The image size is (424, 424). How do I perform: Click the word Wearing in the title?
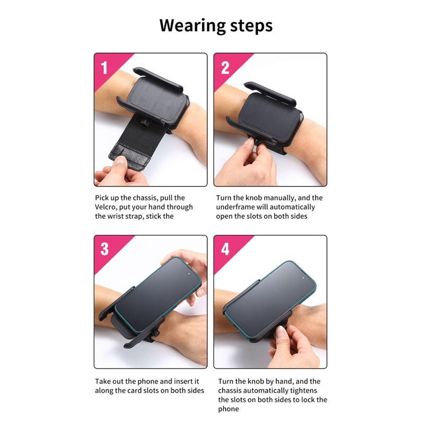coord(192,26)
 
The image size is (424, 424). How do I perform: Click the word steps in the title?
coord(251,26)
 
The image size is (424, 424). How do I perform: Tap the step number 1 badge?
coord(104,68)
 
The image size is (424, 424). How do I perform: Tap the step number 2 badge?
coord(225,68)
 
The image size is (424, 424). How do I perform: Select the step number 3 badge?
coord(104,249)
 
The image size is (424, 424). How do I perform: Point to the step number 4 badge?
coord(225,249)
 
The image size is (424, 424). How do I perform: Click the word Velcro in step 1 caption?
coord(105,207)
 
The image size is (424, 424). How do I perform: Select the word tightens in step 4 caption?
coord(303,391)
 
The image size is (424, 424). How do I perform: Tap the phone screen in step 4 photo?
coord(270,297)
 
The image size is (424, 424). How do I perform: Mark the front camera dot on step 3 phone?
coord(189,274)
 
